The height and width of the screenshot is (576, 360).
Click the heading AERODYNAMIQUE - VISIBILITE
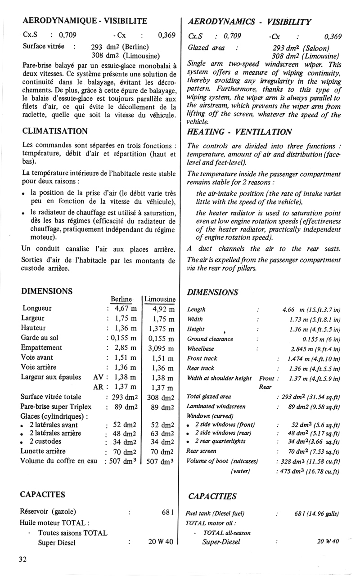click(x=85, y=21)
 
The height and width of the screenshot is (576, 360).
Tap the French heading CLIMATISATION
click(x=54, y=131)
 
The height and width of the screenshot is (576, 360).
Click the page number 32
click(x=23, y=559)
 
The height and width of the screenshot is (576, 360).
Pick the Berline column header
click(x=121, y=299)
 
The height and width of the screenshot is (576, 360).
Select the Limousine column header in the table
click(x=160, y=299)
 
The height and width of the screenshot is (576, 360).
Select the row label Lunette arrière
click(x=43, y=451)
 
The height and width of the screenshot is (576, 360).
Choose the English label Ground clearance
click(x=210, y=339)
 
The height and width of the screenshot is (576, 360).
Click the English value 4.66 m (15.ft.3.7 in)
click(x=311, y=309)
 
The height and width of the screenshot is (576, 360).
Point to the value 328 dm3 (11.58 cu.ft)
click(x=310, y=461)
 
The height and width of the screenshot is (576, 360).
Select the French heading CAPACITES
click(x=43, y=495)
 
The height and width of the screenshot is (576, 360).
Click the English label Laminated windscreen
click(x=216, y=406)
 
